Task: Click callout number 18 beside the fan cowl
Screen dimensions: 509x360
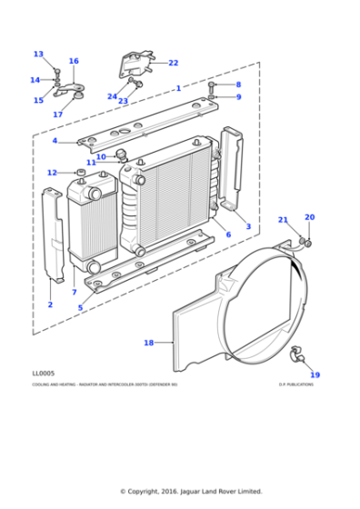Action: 149,343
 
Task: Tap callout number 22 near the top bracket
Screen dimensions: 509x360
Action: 174,63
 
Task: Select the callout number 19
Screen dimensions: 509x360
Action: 315,374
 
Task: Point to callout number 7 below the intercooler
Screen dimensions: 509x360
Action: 74,293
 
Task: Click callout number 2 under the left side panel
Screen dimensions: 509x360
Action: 50,304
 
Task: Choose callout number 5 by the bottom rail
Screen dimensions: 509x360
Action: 80,308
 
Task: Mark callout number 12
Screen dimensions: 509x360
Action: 52,173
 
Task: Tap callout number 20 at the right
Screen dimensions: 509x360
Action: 309,217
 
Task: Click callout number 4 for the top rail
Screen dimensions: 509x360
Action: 55,141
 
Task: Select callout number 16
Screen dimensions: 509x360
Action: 74,61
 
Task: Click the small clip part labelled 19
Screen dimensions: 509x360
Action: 295,353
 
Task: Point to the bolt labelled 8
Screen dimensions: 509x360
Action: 212,85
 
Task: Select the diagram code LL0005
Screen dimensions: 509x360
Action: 42,373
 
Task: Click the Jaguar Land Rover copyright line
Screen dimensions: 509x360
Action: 191,492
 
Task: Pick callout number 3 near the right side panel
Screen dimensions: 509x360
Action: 248,226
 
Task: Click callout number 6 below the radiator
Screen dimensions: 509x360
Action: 227,235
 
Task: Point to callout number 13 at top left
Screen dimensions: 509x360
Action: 38,54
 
